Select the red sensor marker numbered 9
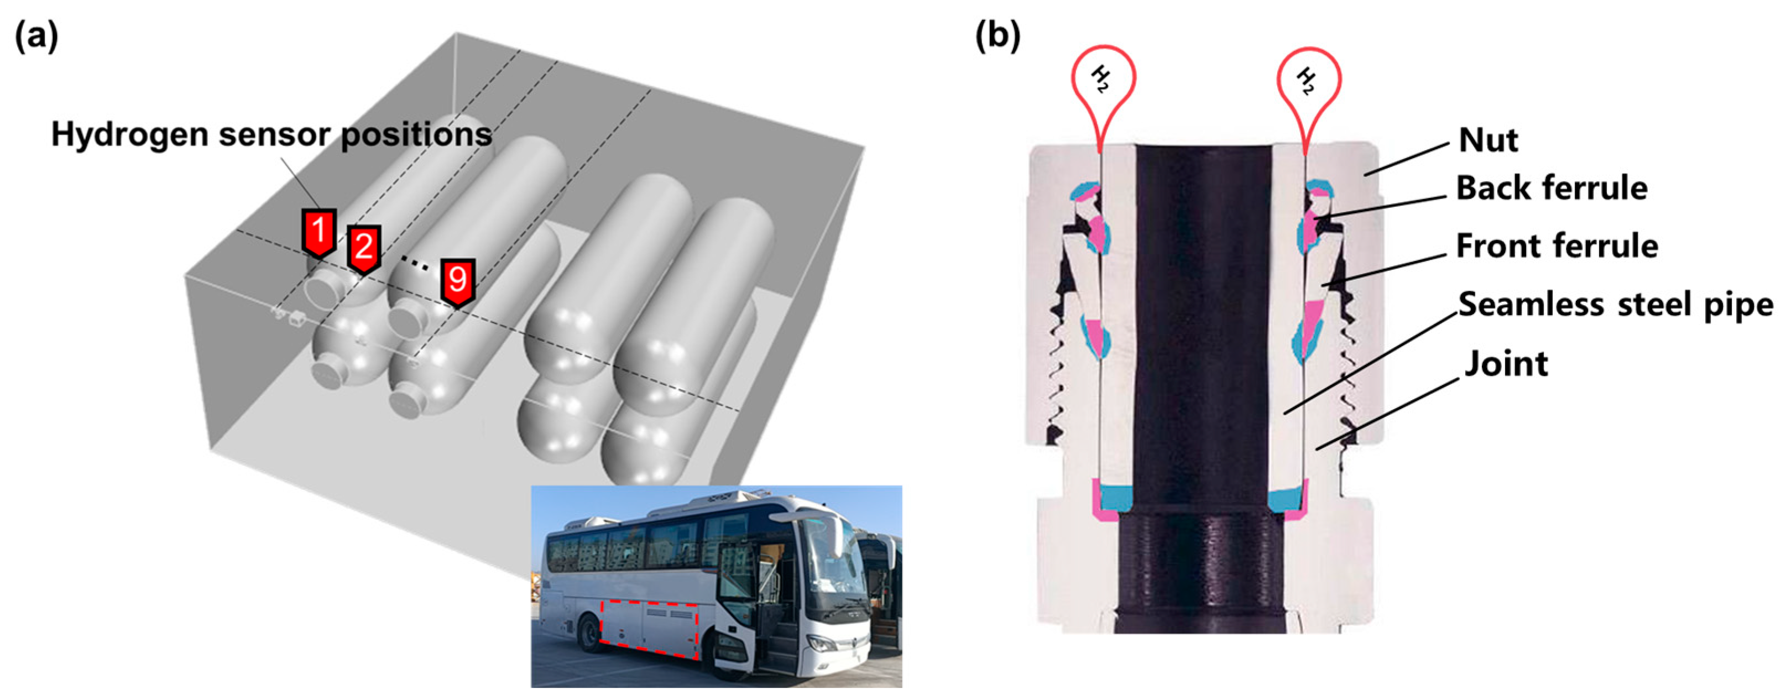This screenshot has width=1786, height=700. pos(458,281)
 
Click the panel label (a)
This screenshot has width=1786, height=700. pos(36,36)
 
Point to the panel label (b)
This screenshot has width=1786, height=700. pos(998,35)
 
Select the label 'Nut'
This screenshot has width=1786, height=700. pos(1488,140)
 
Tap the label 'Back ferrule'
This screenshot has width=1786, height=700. pos(1552,188)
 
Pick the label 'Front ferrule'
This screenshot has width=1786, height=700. pos(1557,246)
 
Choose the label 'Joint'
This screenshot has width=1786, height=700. pos(1506,364)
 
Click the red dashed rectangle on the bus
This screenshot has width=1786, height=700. pos(649,629)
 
